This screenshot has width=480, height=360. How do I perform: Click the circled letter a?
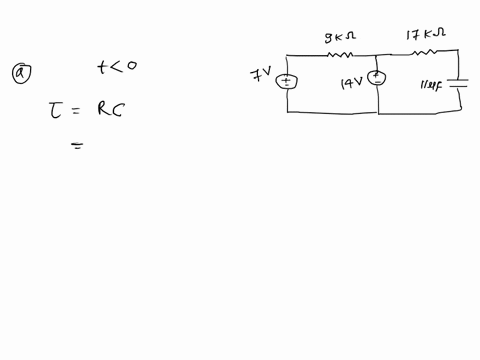(18, 71)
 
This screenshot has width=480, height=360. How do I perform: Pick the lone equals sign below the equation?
(76, 146)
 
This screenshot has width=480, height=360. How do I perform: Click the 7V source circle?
(287, 81)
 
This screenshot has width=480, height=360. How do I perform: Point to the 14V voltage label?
(352, 86)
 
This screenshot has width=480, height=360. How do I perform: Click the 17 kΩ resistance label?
(425, 35)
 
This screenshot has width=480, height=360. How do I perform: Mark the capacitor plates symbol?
(458, 85)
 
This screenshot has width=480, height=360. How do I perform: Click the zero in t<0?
(131, 67)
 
